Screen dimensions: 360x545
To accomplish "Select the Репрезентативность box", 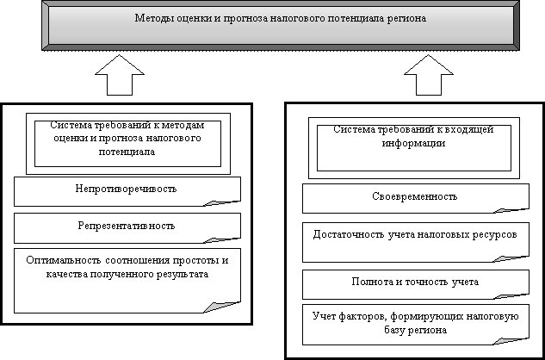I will click(x=126, y=226).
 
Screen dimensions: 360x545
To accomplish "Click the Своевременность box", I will click(x=410, y=196).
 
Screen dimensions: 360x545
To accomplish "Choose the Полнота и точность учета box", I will click(x=410, y=281).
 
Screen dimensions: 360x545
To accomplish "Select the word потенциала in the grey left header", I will click(x=126, y=150).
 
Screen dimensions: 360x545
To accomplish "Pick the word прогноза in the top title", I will click(x=249, y=18).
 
